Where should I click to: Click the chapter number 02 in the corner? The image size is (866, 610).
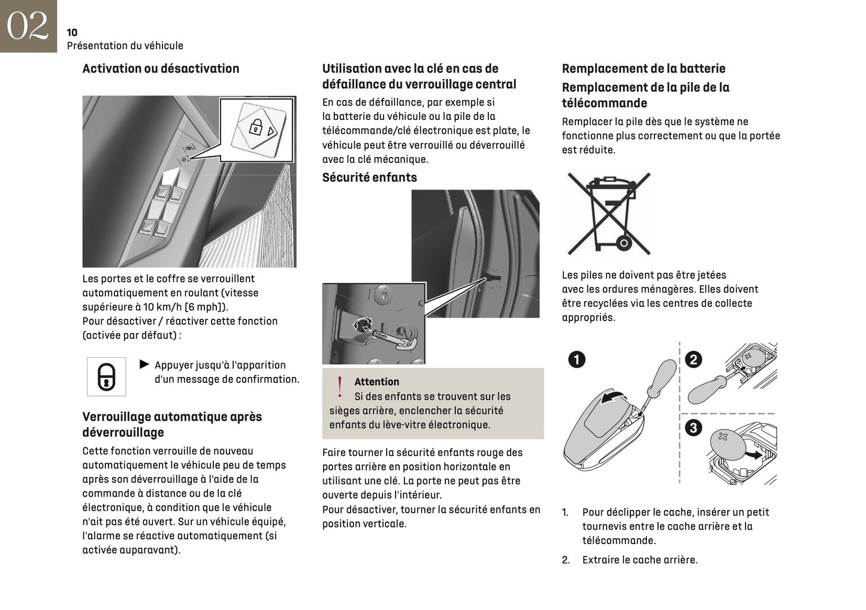[27, 26]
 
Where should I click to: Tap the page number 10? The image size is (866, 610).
[72, 32]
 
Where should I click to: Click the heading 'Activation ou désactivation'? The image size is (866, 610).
[161, 68]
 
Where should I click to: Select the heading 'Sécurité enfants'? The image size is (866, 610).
[369, 177]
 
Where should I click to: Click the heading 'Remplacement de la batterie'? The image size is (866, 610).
[643, 68]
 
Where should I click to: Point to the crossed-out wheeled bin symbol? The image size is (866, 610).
[609, 213]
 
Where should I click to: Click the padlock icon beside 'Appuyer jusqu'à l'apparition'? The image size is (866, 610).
[106, 377]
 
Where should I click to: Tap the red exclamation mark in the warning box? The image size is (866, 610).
[340, 387]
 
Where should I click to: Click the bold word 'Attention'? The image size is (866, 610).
[376, 382]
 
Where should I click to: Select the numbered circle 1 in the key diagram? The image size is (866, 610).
[577, 360]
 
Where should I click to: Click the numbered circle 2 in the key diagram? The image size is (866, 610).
[693, 360]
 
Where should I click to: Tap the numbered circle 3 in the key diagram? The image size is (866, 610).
[693, 428]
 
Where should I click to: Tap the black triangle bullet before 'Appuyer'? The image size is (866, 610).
[144, 364]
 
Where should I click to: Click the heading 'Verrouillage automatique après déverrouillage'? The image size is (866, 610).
[172, 424]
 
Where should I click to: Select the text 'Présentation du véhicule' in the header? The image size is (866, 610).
[125, 46]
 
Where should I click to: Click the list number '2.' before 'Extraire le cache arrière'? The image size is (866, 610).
[566, 560]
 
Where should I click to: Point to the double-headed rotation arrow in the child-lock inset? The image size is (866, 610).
[363, 325]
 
